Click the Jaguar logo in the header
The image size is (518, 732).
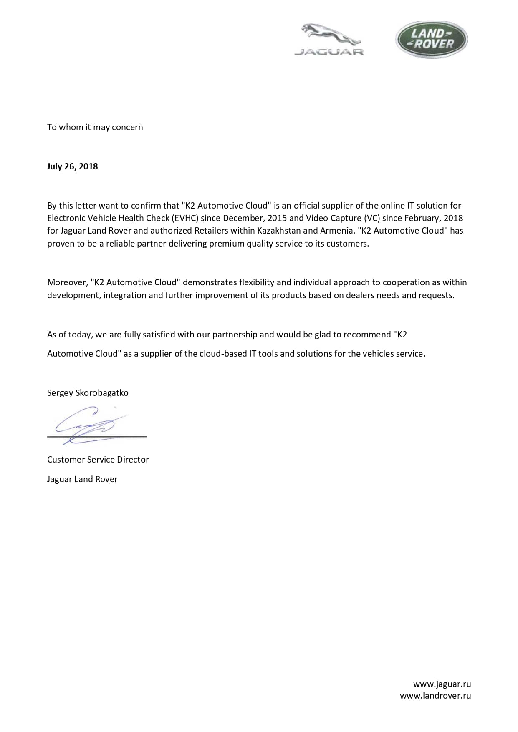[x=329, y=40]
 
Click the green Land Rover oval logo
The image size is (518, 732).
[x=431, y=39]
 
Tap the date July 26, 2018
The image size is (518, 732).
[x=72, y=166]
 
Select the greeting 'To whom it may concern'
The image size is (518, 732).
[x=95, y=127]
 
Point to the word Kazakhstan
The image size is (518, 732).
[x=279, y=231]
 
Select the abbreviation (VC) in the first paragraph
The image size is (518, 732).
[x=371, y=218]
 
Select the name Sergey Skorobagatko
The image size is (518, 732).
[x=88, y=393]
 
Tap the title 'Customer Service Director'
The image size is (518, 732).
[x=98, y=460]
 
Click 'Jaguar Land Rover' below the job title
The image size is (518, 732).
[x=82, y=479]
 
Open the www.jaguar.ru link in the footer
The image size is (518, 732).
[x=442, y=684]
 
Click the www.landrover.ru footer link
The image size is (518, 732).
[x=435, y=696]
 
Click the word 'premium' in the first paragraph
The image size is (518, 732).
[x=227, y=244]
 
